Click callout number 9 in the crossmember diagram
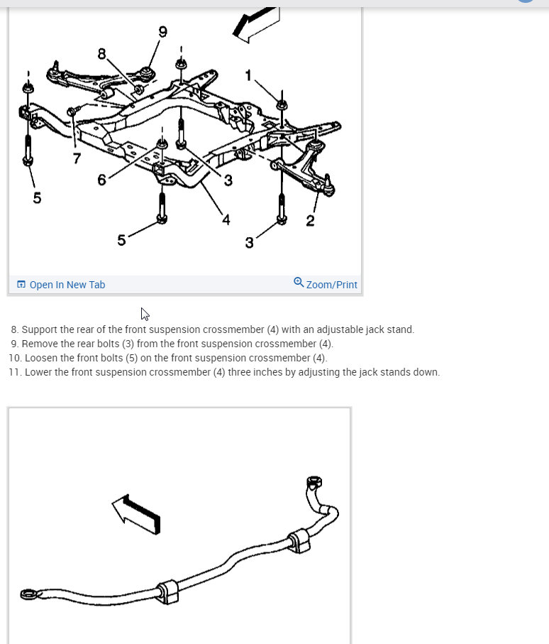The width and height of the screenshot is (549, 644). [162, 31]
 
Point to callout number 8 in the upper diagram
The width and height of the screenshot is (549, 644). [101, 53]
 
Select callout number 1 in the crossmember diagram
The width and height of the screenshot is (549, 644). [248, 75]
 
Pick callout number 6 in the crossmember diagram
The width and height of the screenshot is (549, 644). [101, 180]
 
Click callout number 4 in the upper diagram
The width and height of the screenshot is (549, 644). [226, 219]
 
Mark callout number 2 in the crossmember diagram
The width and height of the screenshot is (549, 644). [310, 221]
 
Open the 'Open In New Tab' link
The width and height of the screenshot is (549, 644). [67, 285]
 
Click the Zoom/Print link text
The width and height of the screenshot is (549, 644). [332, 285]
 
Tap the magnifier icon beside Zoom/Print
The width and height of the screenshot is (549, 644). [299, 283]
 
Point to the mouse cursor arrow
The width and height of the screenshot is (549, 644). [145, 313]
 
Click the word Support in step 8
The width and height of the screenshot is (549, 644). [40, 329]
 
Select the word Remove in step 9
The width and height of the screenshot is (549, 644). [40, 344]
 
